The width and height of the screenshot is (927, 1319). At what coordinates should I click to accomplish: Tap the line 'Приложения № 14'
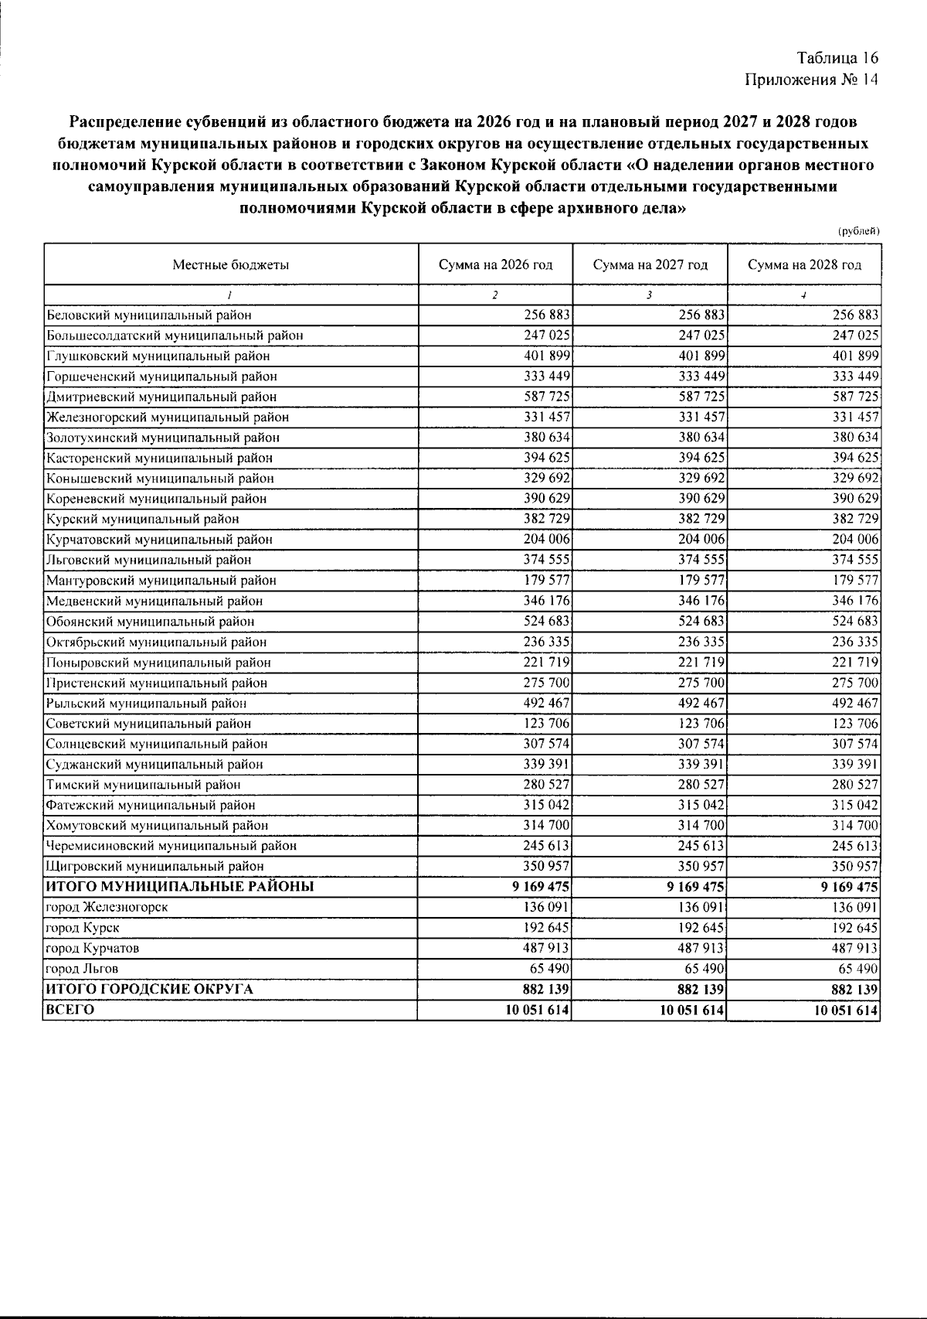[811, 80]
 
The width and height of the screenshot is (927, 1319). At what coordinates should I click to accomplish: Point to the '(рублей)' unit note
[858, 231]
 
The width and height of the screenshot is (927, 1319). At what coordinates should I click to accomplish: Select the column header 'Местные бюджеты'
[230, 265]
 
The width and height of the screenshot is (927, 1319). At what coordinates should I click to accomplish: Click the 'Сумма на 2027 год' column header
[650, 265]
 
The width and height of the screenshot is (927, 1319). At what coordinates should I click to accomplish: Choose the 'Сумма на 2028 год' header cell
[803, 265]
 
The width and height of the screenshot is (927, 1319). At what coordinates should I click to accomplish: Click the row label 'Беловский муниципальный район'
[149, 315]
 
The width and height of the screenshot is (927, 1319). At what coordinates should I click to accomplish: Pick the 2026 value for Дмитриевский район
[547, 397]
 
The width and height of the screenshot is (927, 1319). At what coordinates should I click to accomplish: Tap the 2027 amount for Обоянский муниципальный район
[701, 621]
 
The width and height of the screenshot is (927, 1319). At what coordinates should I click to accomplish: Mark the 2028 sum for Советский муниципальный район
[855, 724]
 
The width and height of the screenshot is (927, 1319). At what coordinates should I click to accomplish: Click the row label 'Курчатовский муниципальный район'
[159, 540]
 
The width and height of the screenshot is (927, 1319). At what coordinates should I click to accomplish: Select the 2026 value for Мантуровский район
[547, 581]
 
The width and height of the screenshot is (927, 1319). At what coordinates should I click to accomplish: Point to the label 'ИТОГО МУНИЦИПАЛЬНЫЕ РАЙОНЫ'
[180, 887]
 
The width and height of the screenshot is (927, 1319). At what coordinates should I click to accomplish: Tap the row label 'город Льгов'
[83, 969]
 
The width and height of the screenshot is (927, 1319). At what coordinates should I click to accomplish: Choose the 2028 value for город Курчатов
[855, 948]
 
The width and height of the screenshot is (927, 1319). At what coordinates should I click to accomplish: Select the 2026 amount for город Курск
[547, 928]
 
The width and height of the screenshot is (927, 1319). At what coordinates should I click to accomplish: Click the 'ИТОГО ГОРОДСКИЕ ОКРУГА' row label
[150, 989]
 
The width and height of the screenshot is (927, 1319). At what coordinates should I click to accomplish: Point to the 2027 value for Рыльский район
[701, 704]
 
